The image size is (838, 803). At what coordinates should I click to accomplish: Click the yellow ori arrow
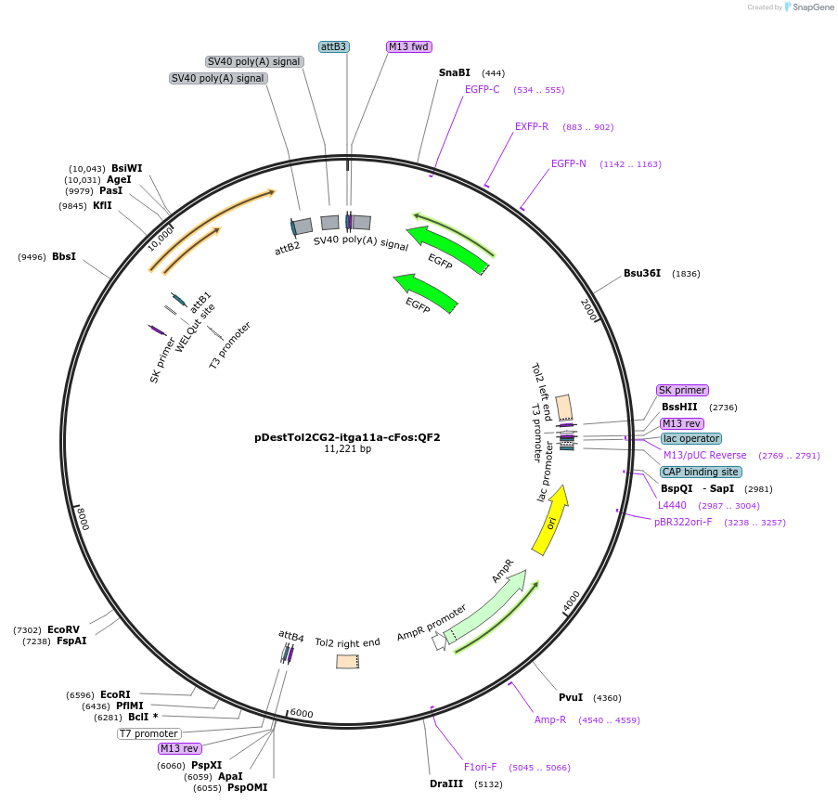(551, 522)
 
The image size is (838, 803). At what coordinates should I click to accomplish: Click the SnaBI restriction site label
(455, 72)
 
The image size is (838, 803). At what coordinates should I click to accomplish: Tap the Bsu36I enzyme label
(642, 274)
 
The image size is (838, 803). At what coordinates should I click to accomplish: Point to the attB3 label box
(333, 46)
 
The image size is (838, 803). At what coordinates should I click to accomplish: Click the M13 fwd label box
(409, 46)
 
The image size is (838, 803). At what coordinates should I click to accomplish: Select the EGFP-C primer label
(483, 90)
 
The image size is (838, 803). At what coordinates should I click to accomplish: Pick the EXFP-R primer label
(532, 126)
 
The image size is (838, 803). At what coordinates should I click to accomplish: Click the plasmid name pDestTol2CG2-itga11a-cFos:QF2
(347, 437)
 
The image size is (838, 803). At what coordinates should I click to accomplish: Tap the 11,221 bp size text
(347, 449)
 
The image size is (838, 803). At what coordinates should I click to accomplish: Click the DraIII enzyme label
(447, 784)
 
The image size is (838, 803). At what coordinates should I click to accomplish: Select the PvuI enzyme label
(571, 697)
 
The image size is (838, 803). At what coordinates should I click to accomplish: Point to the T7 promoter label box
(148, 733)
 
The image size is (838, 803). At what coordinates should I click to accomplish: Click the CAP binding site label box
(701, 472)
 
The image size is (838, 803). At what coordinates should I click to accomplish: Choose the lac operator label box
(691, 438)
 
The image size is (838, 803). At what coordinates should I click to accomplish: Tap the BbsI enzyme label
(64, 257)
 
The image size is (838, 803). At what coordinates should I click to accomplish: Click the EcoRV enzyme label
(64, 629)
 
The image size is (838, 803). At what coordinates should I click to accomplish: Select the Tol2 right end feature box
(348, 662)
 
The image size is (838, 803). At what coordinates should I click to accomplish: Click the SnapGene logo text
(813, 7)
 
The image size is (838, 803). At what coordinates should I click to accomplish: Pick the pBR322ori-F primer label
(683, 522)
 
